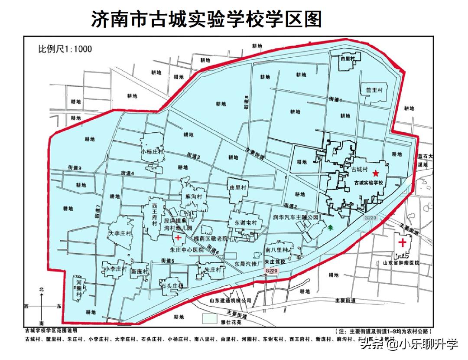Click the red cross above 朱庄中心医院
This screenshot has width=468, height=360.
178,238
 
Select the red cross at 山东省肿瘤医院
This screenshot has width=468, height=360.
403,242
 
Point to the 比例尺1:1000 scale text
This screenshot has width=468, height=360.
65,49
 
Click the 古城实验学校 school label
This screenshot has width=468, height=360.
369,183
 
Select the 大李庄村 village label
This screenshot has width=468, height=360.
119,233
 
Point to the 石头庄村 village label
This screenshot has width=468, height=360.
172,286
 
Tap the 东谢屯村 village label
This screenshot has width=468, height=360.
246,223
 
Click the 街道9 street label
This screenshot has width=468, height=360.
75,167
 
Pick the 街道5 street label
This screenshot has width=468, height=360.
167,261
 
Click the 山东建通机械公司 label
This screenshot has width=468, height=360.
230,300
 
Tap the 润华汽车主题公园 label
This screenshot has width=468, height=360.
296,216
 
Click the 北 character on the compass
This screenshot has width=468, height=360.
42,289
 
